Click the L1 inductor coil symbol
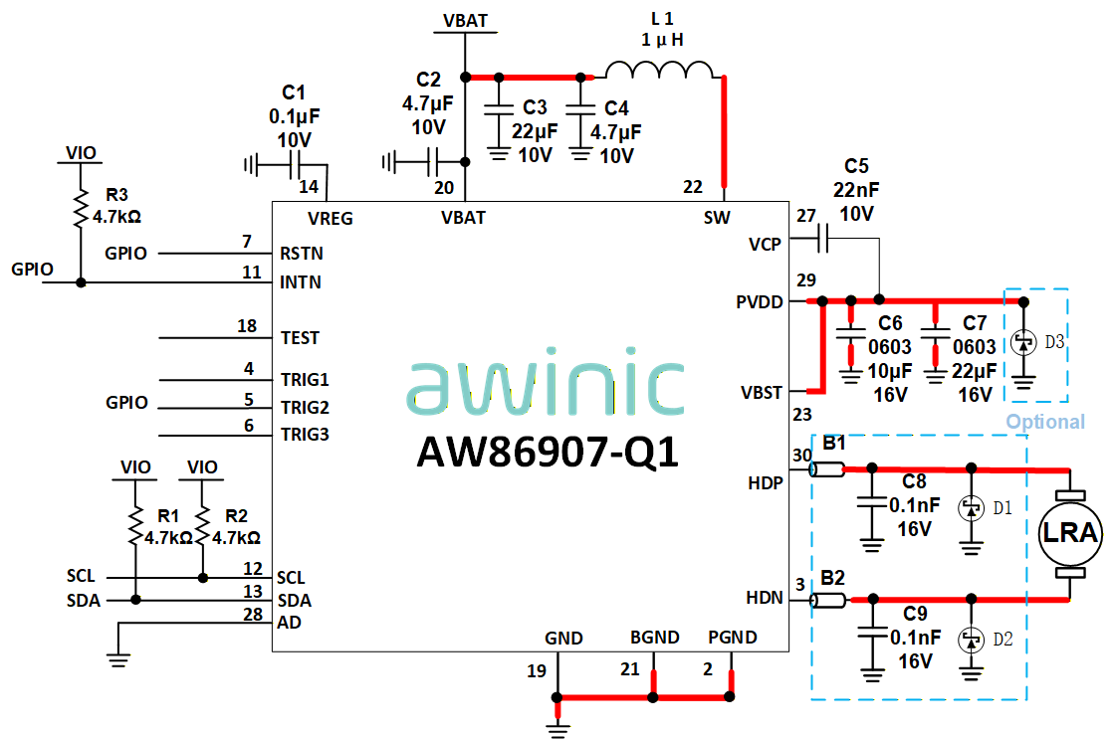659,69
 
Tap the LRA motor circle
1070,532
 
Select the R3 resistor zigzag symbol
81,208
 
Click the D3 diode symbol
1023,343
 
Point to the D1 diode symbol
972,508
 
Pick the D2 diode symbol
972,641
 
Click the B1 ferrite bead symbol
827,469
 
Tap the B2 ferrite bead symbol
827,601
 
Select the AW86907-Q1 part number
548,452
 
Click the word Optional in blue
1045,422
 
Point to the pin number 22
693,187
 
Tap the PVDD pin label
760,302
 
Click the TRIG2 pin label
305,408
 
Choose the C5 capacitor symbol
822,239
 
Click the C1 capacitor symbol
296,166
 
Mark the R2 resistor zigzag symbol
202,525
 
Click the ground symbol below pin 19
557,728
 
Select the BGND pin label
654,638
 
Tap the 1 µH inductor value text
662,40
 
